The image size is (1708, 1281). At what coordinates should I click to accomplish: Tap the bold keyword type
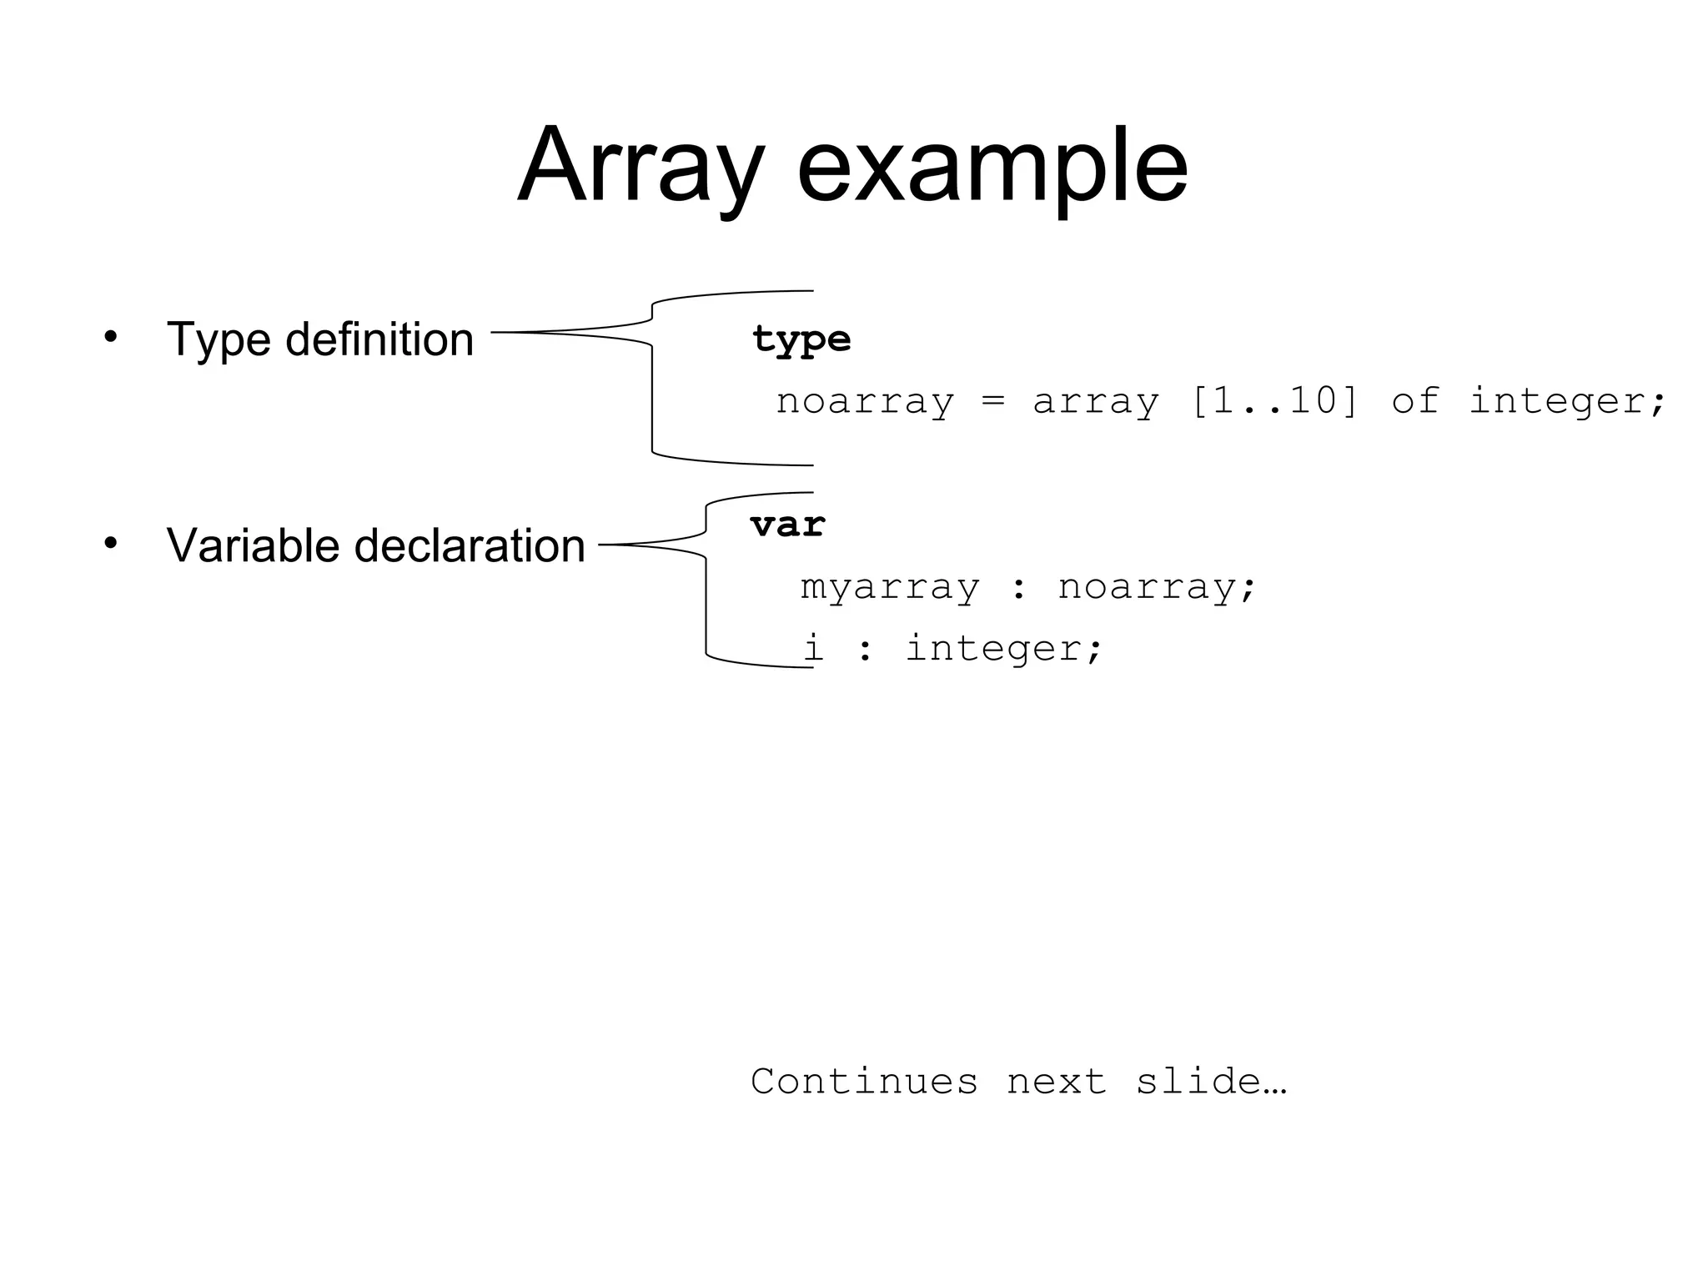[801, 339]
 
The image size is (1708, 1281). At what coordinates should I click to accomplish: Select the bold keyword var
[787, 525]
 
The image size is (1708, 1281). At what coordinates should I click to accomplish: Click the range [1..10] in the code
[1274, 401]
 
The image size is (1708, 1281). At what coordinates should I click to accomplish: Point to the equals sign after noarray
[992, 401]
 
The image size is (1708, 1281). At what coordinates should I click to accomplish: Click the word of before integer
[1415, 401]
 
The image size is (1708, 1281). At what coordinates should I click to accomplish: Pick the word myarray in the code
[890, 587]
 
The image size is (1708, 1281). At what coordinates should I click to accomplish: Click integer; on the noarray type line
[1567, 401]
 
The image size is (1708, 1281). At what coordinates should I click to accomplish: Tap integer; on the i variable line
[1004, 649]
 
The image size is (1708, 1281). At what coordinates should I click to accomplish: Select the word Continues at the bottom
[864, 1082]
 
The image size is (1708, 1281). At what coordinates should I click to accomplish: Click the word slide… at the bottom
[1211, 1082]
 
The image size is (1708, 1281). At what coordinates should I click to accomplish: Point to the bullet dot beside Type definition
[111, 337]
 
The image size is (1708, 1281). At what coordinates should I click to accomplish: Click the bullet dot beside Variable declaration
[111, 543]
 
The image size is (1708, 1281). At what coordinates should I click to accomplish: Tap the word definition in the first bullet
[379, 339]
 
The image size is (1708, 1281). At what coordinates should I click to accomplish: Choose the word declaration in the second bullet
[470, 545]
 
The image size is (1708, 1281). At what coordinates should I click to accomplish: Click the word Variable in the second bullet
[253, 545]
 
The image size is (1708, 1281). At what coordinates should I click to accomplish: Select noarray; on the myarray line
[1157, 587]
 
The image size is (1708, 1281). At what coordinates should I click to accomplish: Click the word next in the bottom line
[1056, 1082]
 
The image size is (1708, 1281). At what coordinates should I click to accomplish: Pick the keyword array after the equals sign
[1096, 401]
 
